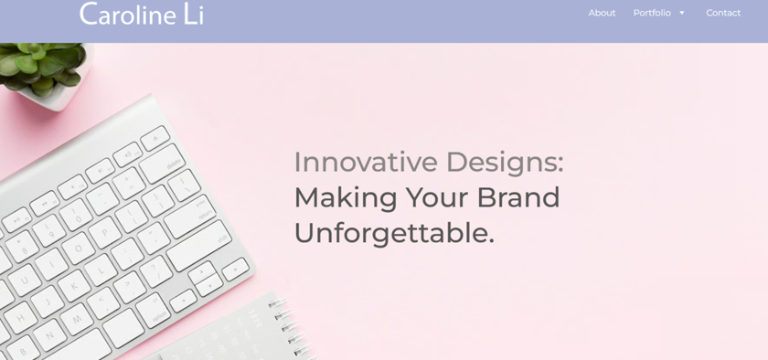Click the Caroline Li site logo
pyautogui.click(x=142, y=14)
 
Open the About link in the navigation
pyautogui.click(x=602, y=13)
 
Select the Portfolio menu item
pyautogui.click(x=652, y=13)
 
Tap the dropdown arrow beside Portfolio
pyautogui.click(x=682, y=13)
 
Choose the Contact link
pyautogui.click(x=723, y=13)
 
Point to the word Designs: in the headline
pyautogui.click(x=505, y=162)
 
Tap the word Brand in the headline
pyautogui.click(x=517, y=197)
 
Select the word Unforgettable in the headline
pyautogui.click(x=389, y=233)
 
